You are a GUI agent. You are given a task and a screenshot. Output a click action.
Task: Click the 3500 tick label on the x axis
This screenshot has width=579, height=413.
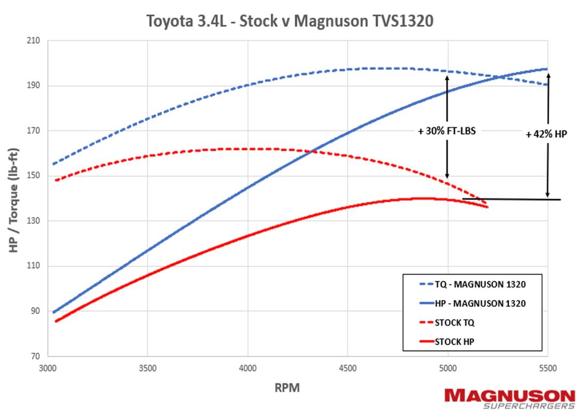coord(148,369)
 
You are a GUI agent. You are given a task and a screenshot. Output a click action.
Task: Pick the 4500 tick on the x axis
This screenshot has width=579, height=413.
coord(348,369)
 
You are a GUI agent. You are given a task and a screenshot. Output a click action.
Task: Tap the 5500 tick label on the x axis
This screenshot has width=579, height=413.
coord(547,369)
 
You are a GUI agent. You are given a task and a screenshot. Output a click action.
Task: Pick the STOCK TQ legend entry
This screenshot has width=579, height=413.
coord(454,322)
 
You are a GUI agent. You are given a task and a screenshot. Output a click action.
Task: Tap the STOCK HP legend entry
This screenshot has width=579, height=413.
coord(454,341)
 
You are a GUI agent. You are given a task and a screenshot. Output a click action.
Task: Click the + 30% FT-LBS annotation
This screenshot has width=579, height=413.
coord(446,131)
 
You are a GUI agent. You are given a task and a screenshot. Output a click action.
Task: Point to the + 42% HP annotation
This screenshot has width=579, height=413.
coord(546,134)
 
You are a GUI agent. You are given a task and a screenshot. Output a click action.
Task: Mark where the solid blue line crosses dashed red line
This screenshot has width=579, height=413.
coord(312,151)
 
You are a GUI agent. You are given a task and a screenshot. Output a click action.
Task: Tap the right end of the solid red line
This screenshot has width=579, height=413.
coord(487,207)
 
